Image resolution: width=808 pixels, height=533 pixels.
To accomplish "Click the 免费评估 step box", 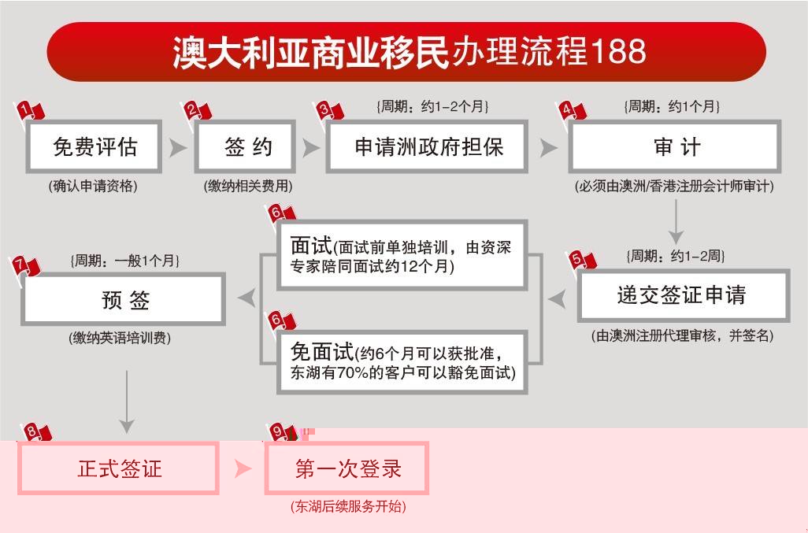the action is click(94, 146).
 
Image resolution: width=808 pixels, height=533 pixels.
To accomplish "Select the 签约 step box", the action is click(245, 146).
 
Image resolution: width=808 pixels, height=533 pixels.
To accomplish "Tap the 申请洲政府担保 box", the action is click(427, 146).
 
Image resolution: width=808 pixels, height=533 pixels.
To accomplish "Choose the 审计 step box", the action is click(675, 146).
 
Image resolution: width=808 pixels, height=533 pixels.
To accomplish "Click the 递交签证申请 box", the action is click(684, 295).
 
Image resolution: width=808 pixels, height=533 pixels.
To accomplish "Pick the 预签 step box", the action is click(124, 299).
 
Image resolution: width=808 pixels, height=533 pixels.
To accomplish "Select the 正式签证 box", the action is click(118, 468).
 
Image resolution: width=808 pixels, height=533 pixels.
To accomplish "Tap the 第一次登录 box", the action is click(347, 468).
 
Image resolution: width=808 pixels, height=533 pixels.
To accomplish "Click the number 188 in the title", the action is click(618, 51).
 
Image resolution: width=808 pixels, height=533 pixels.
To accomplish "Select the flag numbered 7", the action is click(26, 266).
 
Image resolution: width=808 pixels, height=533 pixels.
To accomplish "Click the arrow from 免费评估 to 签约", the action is click(178, 148).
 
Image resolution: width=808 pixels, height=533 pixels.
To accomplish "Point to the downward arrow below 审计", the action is click(676, 222).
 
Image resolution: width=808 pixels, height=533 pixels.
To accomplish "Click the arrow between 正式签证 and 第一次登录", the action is click(243, 468).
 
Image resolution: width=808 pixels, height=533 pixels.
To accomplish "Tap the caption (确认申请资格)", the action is click(93, 186).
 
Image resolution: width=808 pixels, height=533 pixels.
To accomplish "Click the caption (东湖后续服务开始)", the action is click(348, 506).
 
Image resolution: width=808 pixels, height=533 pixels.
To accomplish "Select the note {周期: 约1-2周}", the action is click(676, 256).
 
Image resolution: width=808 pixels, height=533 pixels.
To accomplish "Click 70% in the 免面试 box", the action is click(353, 372).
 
